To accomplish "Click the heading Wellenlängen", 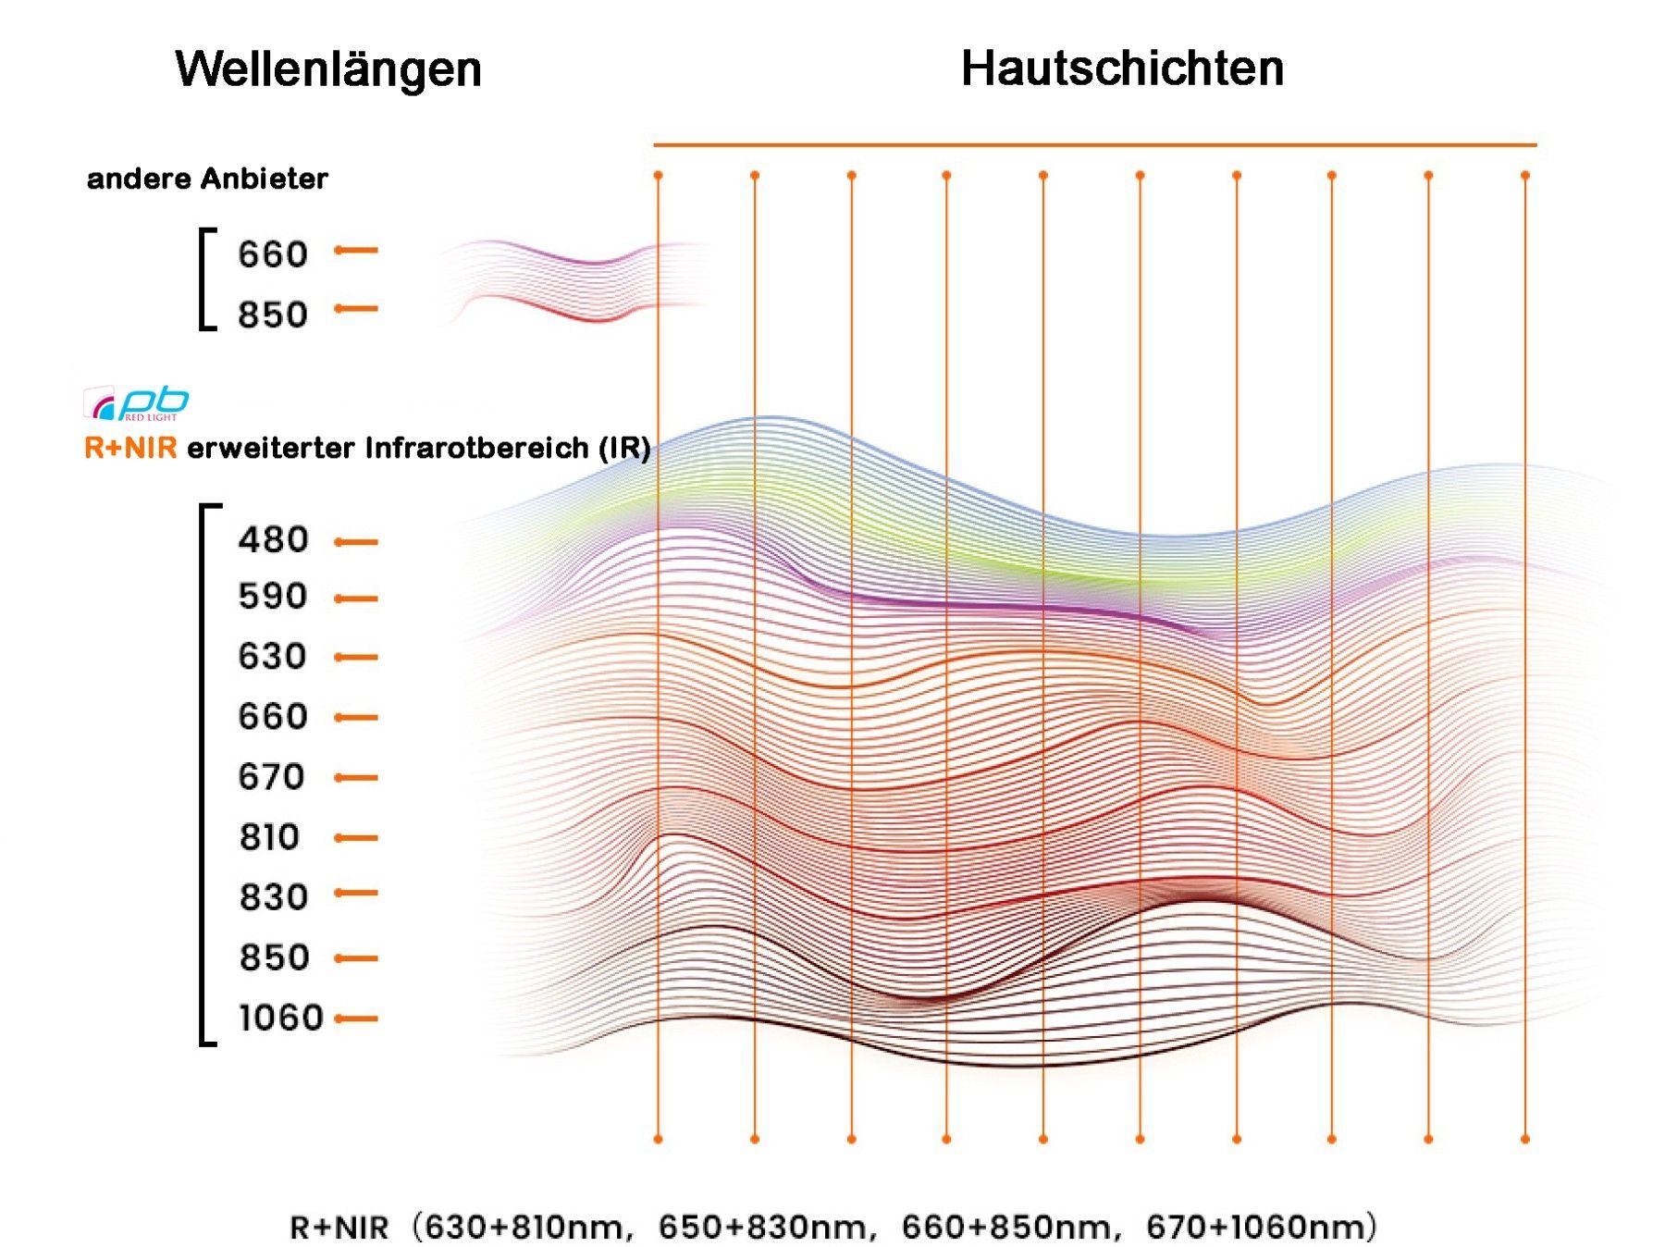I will click(x=328, y=69).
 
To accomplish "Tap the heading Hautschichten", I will click(x=1122, y=68).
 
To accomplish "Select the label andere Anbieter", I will click(x=207, y=179).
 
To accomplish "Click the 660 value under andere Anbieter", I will click(x=272, y=254).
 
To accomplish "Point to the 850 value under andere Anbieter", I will click(x=272, y=315).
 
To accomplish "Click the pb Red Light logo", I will click(x=137, y=403).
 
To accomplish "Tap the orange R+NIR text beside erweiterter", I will click(x=130, y=449).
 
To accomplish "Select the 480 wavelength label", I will click(x=273, y=540).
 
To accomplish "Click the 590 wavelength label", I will click(x=272, y=597).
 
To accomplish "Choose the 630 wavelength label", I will click(x=272, y=657).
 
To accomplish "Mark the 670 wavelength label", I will click(x=271, y=777).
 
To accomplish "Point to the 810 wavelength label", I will click(x=269, y=837).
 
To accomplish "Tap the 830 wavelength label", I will click(x=273, y=897).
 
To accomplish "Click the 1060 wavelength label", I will click(x=281, y=1019).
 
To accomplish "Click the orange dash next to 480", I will click(x=356, y=542).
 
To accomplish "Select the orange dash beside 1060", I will click(x=356, y=1019).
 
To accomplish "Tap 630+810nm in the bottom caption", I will click(x=524, y=1228).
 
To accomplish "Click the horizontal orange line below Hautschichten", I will click(x=1094, y=145).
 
